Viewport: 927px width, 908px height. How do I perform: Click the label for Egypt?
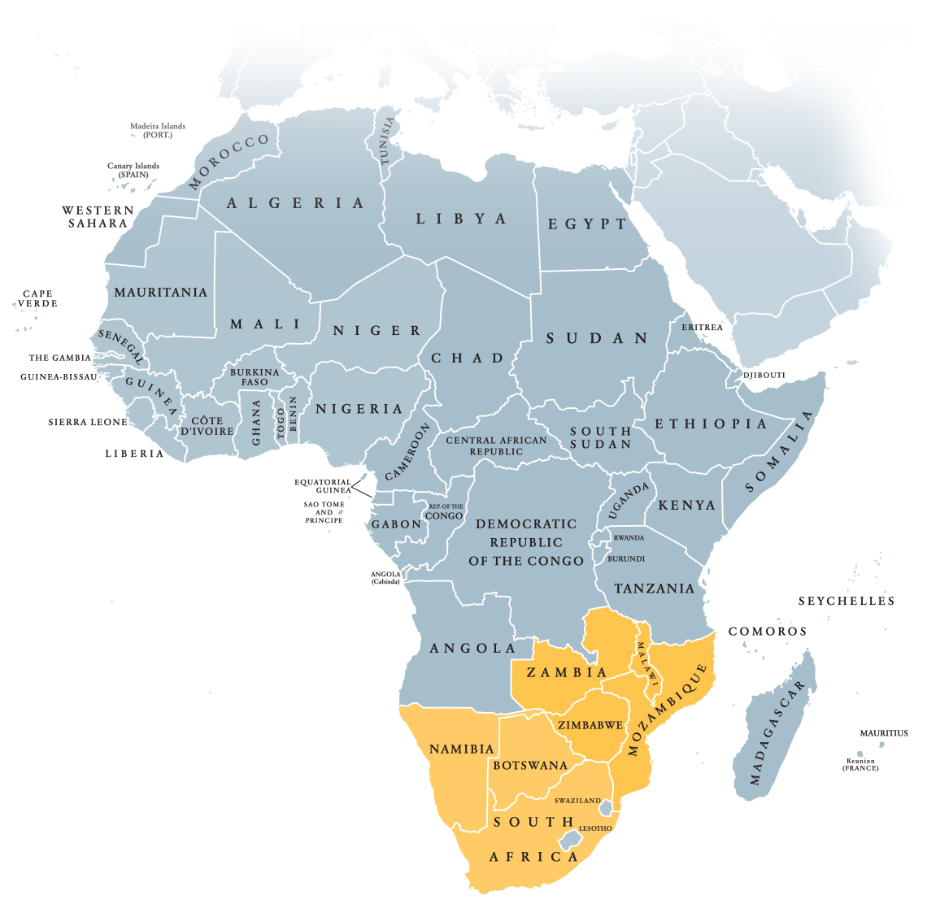coord(587,224)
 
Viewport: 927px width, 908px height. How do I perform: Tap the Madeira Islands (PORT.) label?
coord(158,130)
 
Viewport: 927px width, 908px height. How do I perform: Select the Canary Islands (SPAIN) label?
coord(133,170)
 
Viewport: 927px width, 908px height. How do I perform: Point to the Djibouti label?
coord(764,375)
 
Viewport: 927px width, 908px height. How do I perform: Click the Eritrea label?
coord(702,327)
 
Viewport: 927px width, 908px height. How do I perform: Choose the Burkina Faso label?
coord(255,376)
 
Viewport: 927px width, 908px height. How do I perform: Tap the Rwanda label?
coord(629,537)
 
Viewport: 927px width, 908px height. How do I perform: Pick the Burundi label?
coord(626,558)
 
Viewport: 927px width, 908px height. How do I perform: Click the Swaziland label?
coord(577,800)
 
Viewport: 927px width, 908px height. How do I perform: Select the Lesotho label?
coord(595,828)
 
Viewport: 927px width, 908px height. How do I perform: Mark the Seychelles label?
coord(846,601)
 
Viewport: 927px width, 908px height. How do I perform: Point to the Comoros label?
coord(767,631)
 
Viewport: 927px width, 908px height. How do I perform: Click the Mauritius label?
coord(884,732)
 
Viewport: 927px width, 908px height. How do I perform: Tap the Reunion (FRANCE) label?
coord(860,764)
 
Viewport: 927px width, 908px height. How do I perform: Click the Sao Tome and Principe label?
coord(324,512)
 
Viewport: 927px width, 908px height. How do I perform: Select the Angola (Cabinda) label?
coord(385,577)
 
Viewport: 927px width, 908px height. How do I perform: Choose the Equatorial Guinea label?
coord(323,485)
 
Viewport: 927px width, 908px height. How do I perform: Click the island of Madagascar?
coord(772,732)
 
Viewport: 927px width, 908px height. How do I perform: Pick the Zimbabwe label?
coord(590,724)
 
